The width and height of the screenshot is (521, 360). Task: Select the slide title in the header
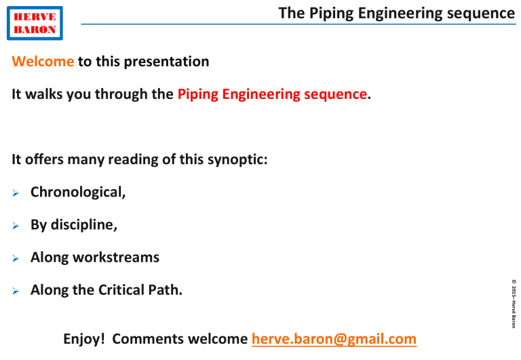coord(397,13)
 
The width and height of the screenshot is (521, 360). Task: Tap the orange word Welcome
coord(43,62)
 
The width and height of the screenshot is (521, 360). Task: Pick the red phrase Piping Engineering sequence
coord(272,95)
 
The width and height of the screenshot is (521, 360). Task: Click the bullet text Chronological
coord(77,192)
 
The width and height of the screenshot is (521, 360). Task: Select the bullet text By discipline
coord(73,225)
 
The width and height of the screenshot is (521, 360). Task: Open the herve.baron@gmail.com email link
coord(333,338)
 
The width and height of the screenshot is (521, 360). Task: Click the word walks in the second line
coord(46,95)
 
